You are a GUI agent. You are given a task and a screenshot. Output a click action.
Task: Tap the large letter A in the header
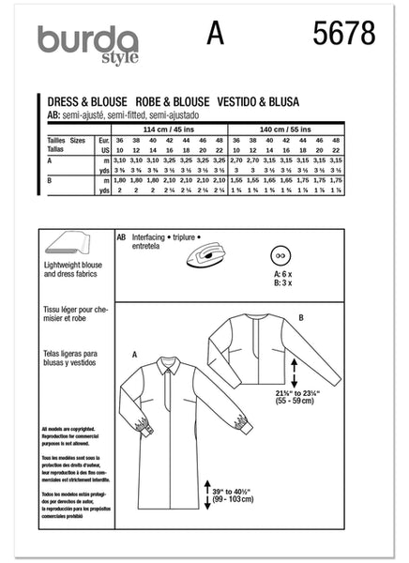(x=217, y=35)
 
